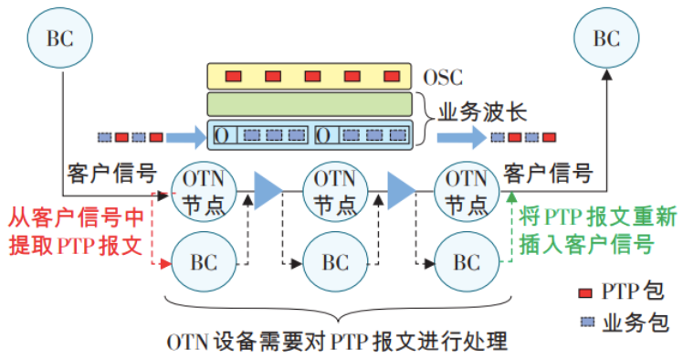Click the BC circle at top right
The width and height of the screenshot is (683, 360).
coord(606,38)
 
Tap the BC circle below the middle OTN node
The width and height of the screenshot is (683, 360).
coord(334,263)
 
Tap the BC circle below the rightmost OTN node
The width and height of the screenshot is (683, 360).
coord(466,263)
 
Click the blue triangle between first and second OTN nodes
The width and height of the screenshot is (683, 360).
coord(268,189)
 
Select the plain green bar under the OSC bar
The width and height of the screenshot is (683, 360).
coord(310,104)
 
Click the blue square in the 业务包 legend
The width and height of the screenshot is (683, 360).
coord(585,322)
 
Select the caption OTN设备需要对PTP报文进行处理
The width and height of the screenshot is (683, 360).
coord(335,343)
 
